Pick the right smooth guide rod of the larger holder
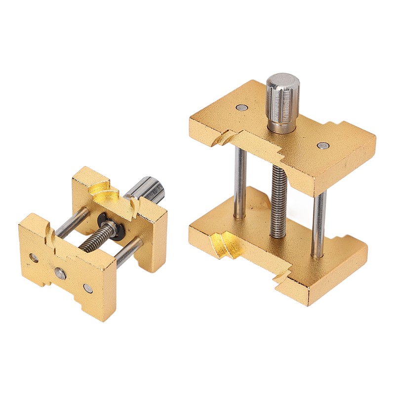(x=318, y=222)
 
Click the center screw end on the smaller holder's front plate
(x=60, y=275)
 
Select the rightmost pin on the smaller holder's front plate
(x=88, y=288)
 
